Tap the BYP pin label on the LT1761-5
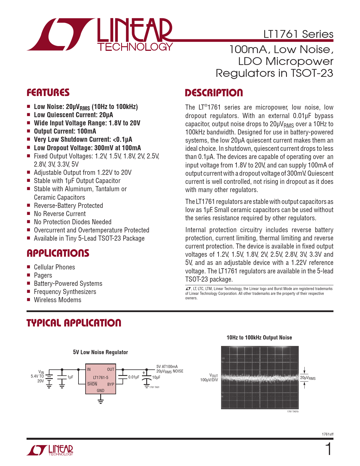(111, 384)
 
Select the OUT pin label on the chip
(111, 369)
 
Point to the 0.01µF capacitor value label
(134, 377)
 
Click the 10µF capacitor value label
(156, 377)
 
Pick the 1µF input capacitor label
(70, 377)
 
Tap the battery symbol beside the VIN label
(49, 379)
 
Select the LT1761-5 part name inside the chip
(101, 377)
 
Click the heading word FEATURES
(48, 92)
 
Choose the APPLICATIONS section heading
(58, 253)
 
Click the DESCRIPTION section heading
(214, 93)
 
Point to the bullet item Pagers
(43, 275)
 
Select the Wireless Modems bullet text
(58, 300)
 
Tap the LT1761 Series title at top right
(298, 34)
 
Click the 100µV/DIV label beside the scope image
(209, 380)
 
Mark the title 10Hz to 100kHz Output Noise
(259, 337)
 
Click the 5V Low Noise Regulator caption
(100, 352)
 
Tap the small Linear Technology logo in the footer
(50, 450)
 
